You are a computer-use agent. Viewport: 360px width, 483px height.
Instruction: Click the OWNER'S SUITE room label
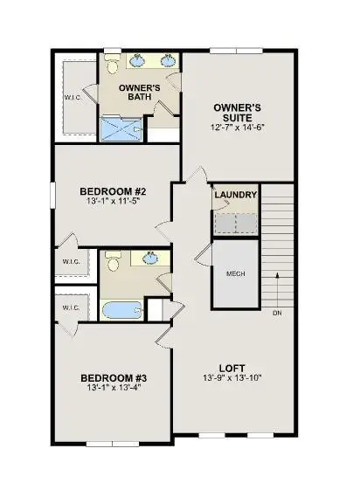click(237, 114)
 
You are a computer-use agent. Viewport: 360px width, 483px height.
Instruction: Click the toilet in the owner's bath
click(112, 65)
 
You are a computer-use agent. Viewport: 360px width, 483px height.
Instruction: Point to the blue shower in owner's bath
click(121, 129)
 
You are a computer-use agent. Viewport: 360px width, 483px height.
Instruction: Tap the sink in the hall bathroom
click(150, 259)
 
